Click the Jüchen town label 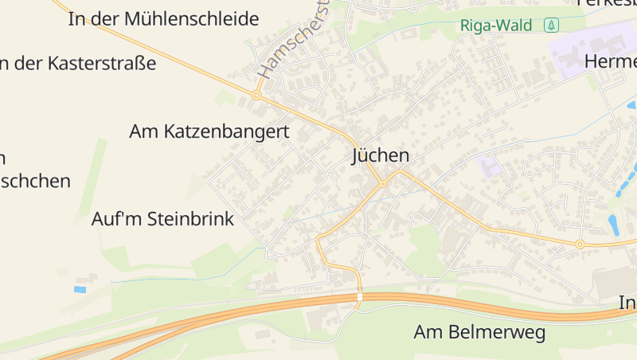[x=381, y=156]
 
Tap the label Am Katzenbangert [x=209, y=131]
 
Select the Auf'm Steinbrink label [x=162, y=219]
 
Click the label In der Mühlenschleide [x=163, y=18]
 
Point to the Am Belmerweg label [x=479, y=332]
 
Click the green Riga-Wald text [x=495, y=25]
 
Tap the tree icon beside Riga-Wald [x=550, y=25]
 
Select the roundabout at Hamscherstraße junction [x=256, y=95]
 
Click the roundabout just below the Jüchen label [x=383, y=183]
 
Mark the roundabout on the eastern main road [x=580, y=244]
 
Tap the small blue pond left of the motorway [x=80, y=289]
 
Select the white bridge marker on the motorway [x=360, y=297]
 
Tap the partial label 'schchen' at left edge [x=35, y=181]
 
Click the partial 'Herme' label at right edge [x=610, y=61]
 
